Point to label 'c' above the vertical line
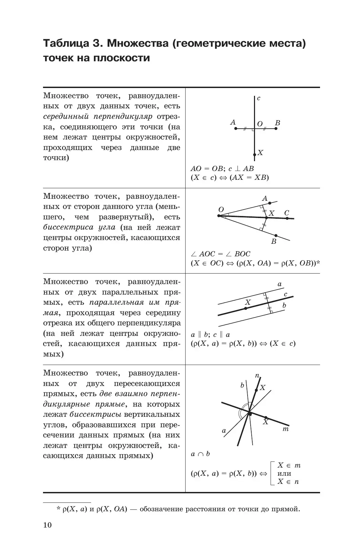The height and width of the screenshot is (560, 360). point(258,99)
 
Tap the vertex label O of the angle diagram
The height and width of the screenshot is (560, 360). point(221,210)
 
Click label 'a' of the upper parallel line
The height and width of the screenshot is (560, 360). point(280,284)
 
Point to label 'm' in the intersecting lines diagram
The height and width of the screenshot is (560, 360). point(285,429)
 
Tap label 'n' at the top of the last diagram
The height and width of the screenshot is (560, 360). point(257,375)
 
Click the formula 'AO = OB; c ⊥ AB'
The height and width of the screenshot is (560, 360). point(222,169)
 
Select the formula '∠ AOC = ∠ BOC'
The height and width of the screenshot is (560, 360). point(220,254)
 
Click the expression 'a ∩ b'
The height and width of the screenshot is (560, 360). point(200,454)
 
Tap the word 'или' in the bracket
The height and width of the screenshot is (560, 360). point(284,474)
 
